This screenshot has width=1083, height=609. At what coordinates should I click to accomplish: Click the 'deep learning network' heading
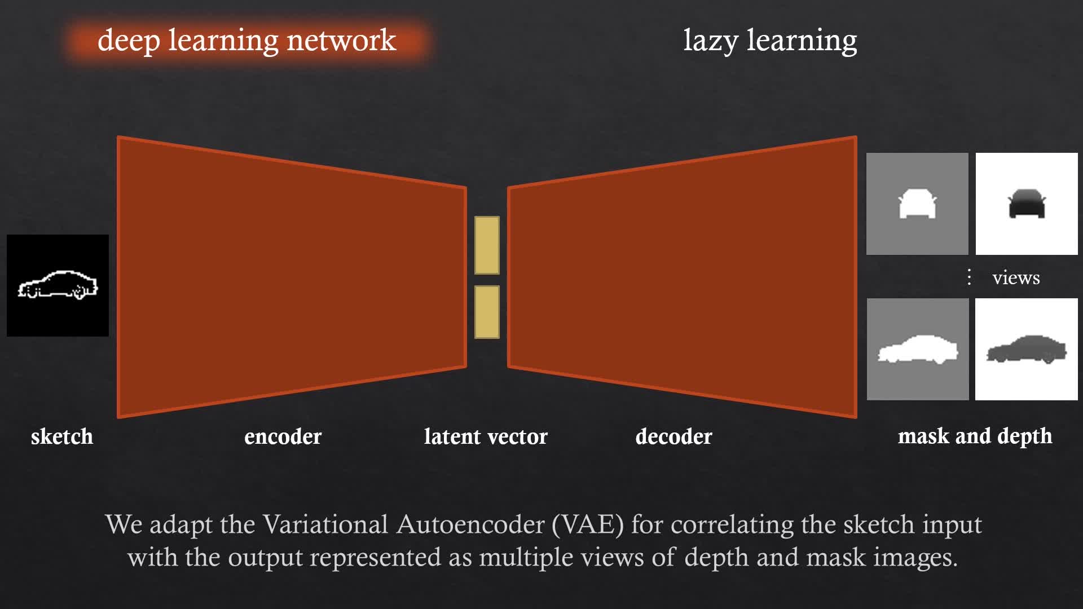[246, 41]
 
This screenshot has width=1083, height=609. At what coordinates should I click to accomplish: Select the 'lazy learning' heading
[770, 41]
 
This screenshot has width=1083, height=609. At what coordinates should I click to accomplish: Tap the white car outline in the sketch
[58, 285]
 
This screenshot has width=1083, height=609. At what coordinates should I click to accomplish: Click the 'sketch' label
[62, 436]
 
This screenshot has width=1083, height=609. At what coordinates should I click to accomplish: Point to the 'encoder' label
[283, 436]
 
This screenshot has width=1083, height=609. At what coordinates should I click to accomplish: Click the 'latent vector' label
[486, 436]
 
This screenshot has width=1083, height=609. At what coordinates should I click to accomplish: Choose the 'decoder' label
[673, 436]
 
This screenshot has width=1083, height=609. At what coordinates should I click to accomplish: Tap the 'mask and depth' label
[975, 436]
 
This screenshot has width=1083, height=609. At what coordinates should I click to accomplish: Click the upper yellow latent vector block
[487, 245]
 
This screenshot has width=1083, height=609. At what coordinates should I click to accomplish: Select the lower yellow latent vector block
[487, 312]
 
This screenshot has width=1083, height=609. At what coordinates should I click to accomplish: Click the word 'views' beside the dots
[1016, 277]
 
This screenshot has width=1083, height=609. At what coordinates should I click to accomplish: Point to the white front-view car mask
[917, 204]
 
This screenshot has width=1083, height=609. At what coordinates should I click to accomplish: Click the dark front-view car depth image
[1027, 204]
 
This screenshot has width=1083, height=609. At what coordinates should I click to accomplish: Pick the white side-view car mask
[918, 350]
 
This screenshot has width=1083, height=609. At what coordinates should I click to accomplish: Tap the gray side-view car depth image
[1027, 350]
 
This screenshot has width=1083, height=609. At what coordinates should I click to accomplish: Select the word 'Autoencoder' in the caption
[470, 524]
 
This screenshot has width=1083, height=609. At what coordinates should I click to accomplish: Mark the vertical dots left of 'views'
[969, 277]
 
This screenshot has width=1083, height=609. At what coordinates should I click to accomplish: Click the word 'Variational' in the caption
[325, 524]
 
